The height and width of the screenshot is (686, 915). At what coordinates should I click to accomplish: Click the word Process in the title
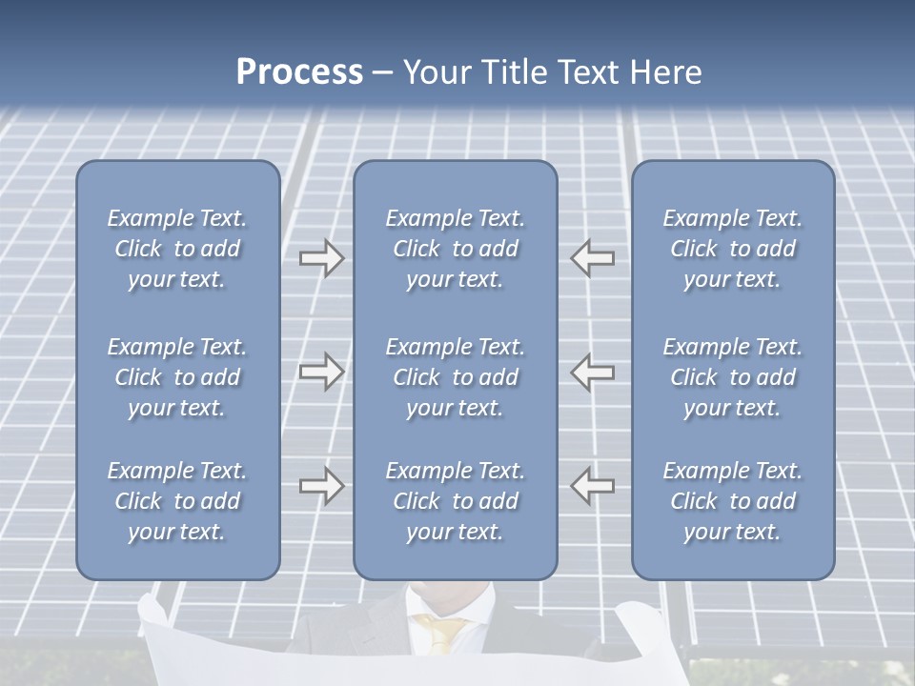click(299, 72)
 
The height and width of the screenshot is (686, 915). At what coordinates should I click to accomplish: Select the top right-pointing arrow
click(321, 258)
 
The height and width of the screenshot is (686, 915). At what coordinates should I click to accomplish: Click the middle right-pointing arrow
click(321, 372)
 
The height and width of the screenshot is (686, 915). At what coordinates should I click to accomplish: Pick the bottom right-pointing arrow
click(321, 486)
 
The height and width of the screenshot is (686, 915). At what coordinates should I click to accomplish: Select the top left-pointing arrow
click(592, 258)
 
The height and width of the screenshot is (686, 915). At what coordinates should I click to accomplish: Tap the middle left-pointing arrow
click(592, 372)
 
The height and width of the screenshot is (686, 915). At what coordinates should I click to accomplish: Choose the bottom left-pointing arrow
click(592, 486)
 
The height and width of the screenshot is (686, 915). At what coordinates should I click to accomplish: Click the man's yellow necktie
click(443, 633)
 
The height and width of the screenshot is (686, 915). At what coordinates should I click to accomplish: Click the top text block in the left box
click(177, 249)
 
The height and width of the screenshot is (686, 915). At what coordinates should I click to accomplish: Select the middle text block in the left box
click(177, 377)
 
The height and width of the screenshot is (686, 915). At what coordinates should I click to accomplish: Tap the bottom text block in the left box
click(177, 501)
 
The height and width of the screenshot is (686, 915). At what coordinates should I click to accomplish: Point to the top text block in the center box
click(455, 249)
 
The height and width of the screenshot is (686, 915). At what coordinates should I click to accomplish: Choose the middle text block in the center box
click(455, 377)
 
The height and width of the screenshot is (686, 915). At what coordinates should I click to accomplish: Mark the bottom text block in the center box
click(455, 501)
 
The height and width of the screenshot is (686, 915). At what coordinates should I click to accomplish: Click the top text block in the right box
click(732, 249)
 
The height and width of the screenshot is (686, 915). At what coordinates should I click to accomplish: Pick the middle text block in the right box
click(732, 377)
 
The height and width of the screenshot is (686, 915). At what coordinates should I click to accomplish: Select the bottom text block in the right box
click(732, 501)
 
